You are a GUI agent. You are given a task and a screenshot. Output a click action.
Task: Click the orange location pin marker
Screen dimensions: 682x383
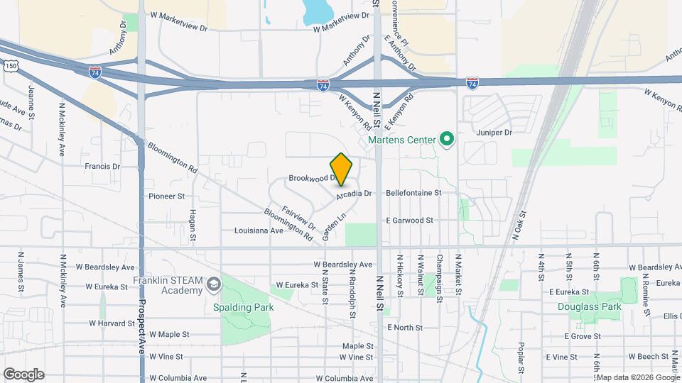(x=341, y=168)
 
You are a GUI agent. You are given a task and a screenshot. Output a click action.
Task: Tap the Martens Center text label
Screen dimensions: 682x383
(x=401, y=140)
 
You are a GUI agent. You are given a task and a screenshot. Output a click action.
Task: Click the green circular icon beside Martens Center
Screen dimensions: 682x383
(x=446, y=139)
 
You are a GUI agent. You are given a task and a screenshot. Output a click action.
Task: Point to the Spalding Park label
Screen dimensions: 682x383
(x=244, y=307)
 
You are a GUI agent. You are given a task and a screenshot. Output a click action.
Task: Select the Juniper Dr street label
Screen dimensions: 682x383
(x=494, y=132)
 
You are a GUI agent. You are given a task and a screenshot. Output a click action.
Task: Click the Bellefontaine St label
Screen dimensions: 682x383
(x=413, y=192)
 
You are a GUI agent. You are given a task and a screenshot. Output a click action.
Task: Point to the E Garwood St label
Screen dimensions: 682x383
(x=409, y=221)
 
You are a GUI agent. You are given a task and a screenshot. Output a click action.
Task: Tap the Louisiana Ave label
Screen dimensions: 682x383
(x=259, y=231)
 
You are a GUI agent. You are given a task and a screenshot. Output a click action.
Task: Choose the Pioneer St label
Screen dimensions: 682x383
(x=166, y=196)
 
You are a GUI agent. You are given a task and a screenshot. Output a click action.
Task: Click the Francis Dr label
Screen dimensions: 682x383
(x=102, y=166)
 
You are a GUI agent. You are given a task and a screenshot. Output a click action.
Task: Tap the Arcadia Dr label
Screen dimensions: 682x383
(x=354, y=193)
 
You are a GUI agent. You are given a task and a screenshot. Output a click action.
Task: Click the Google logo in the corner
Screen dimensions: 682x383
(x=23, y=374)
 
